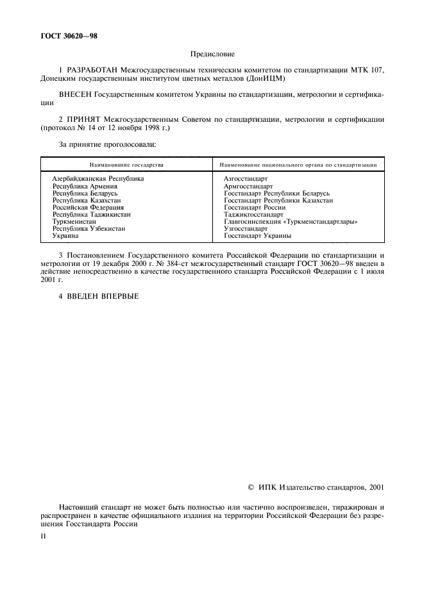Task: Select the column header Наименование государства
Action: click(126, 165)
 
